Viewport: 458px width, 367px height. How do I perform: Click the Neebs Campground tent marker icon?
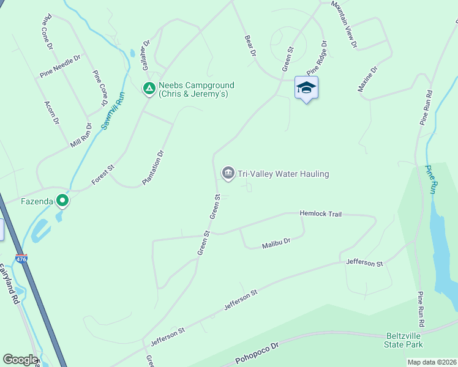click(x=148, y=89)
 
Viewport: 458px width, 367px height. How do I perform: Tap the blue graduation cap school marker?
click(x=306, y=88)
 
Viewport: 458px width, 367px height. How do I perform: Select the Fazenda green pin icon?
click(x=62, y=200)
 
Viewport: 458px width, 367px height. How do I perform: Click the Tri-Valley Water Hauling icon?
click(x=228, y=174)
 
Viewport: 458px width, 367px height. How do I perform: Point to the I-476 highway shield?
click(x=21, y=259)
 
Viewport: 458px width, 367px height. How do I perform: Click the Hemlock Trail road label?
click(x=320, y=214)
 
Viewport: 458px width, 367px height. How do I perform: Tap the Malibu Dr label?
click(x=276, y=242)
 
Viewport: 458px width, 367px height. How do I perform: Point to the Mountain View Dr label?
click(x=343, y=23)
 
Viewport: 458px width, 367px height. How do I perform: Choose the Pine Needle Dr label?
click(x=61, y=66)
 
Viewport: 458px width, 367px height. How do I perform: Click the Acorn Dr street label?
click(x=51, y=113)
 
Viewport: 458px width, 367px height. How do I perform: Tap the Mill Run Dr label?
click(x=81, y=136)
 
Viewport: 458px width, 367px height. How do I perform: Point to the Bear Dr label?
click(x=249, y=46)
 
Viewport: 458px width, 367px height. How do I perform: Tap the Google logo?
click(x=20, y=360)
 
